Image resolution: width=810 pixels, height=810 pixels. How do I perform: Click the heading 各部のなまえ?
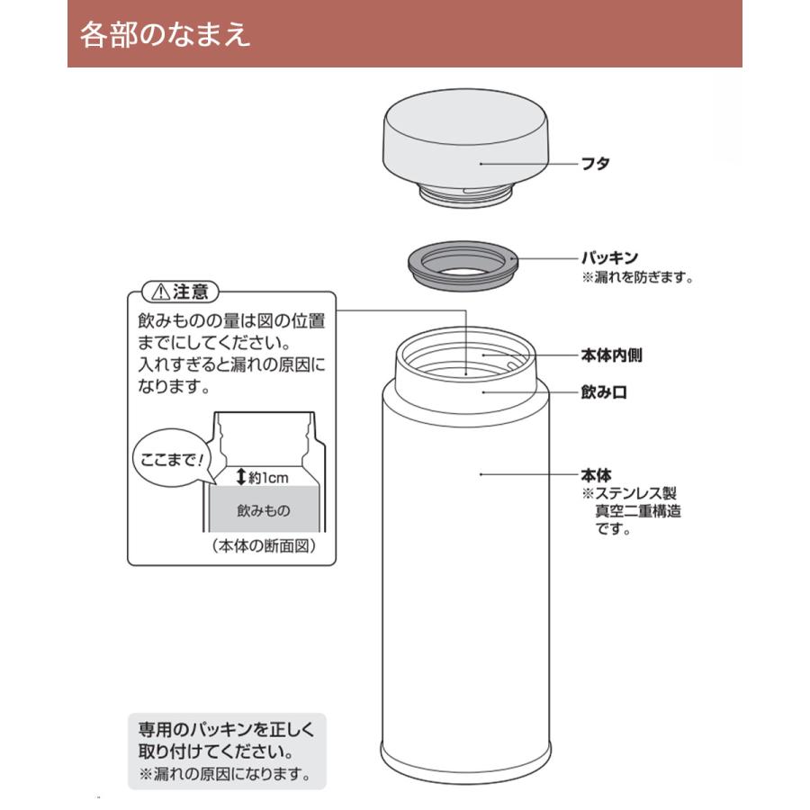pos(165,34)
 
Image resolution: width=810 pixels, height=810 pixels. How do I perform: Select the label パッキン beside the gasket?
pos(609,258)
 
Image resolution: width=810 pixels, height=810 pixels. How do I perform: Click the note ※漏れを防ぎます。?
pos(638,278)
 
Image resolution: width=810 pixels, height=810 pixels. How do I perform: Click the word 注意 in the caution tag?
pos(191,292)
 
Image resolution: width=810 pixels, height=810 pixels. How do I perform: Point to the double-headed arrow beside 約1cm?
pos(240,477)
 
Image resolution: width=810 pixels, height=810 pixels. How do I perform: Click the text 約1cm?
pos(268,478)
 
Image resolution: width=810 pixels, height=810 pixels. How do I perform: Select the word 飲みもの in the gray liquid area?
pos(264,510)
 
